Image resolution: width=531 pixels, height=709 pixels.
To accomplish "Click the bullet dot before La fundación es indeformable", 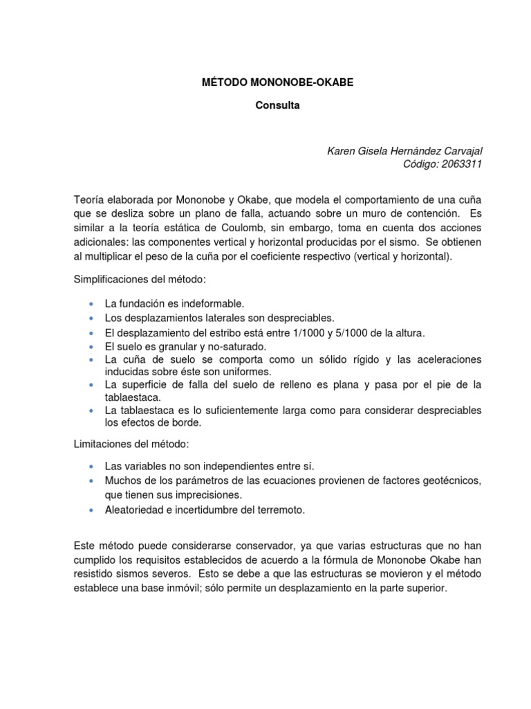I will click(91, 304).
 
